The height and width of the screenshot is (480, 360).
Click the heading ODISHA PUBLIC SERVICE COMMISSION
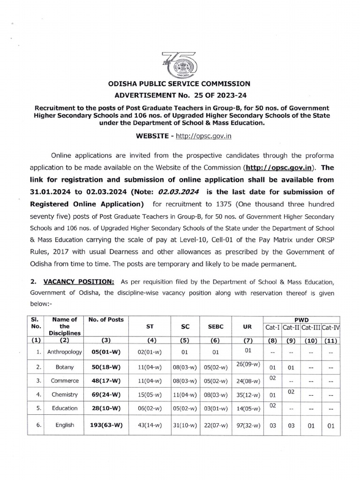tap(180, 84)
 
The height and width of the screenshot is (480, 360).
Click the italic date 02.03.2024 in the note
tap(179, 191)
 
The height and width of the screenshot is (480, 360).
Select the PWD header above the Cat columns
tap(301, 319)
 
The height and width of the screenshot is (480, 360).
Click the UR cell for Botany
tap(244, 364)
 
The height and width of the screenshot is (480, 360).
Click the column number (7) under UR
tap(243, 340)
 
